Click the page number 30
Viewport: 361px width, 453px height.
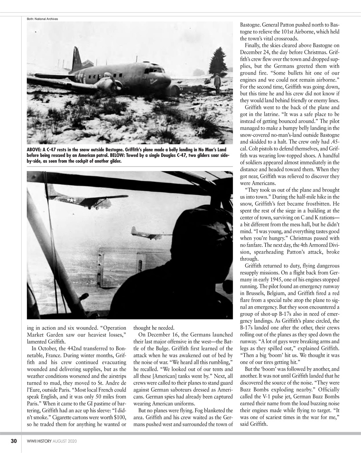point(14,441)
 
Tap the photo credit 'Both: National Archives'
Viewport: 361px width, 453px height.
point(42,19)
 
